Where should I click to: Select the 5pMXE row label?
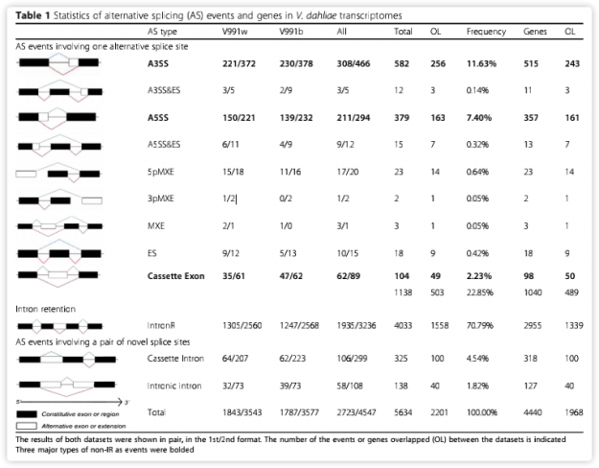pyautogui.click(x=161, y=173)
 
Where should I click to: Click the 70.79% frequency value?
pyautogui.click(x=485, y=326)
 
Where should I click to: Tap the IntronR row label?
pyautogui.click(x=161, y=326)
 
